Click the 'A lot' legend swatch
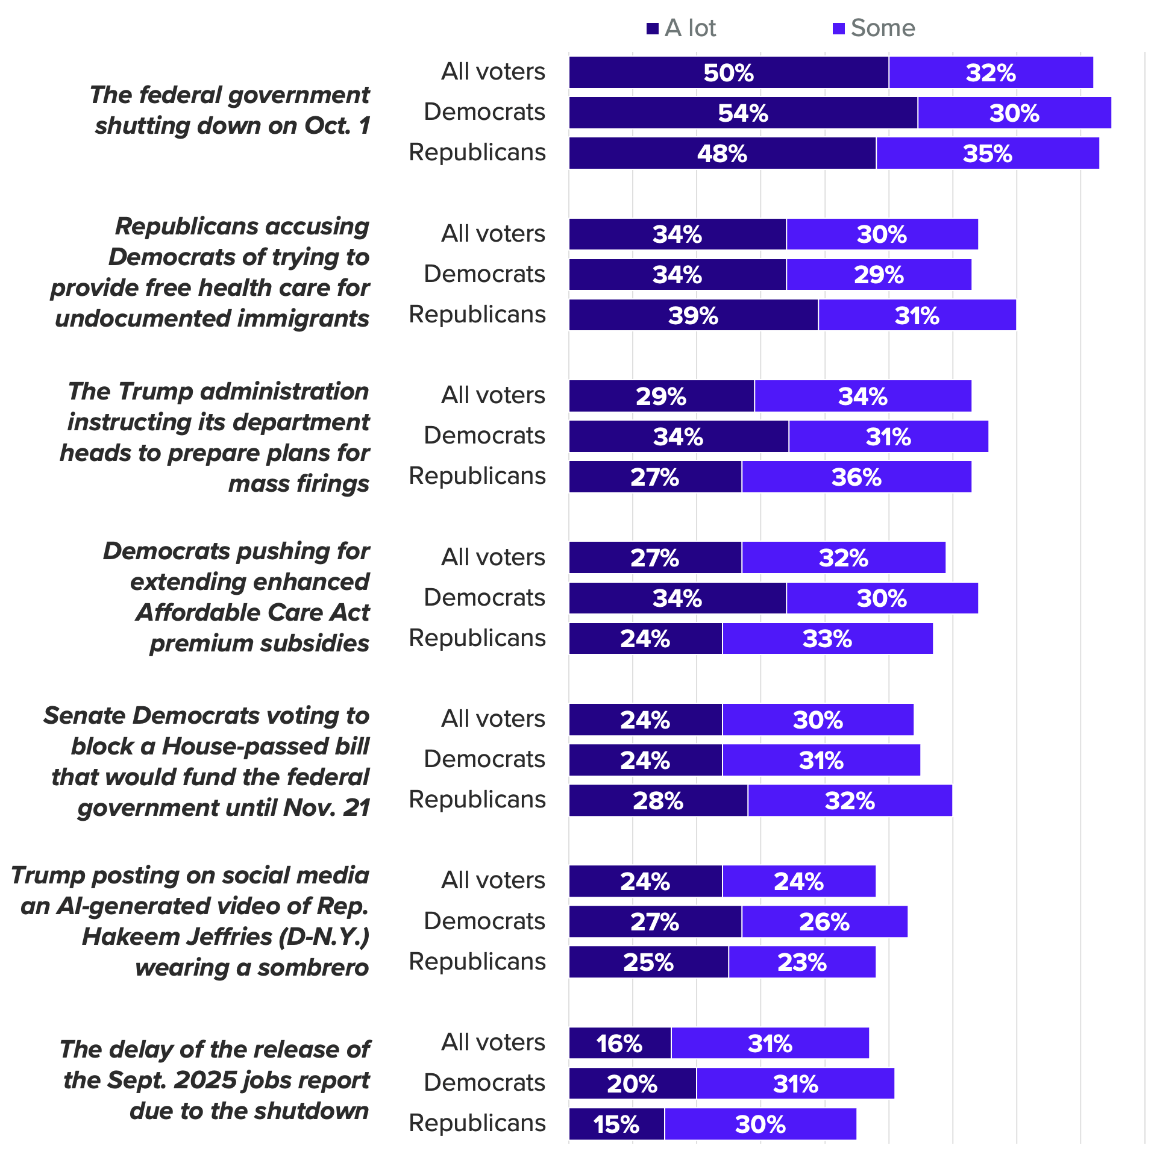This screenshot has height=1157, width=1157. [x=652, y=28]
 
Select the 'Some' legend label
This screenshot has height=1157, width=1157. [x=883, y=28]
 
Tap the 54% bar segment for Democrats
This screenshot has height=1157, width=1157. [x=743, y=113]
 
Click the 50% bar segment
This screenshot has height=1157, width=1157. [x=729, y=72]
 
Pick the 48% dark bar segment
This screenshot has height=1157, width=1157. [x=722, y=153]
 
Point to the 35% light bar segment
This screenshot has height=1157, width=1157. [x=987, y=153]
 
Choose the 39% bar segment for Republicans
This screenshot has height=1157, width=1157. [x=693, y=315]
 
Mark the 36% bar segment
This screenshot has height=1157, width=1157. [x=856, y=477]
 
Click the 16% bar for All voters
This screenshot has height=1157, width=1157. [x=619, y=1043]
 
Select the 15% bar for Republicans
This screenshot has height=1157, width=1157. [x=616, y=1124]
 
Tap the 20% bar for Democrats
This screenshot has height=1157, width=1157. [x=632, y=1083]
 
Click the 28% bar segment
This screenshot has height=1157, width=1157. [x=658, y=800]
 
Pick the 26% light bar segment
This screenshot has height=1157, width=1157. [x=824, y=921]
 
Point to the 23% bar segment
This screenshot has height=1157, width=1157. [x=801, y=962]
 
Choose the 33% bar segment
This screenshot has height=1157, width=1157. [x=827, y=639]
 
